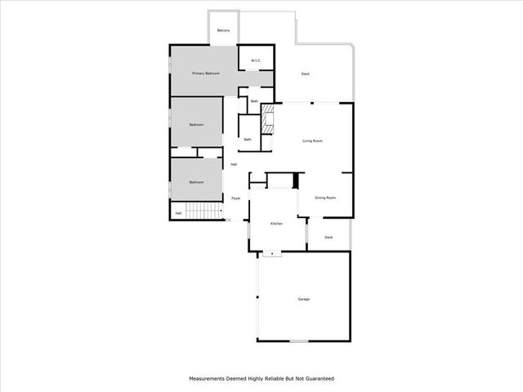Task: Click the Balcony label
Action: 223,31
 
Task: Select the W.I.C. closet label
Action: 255,60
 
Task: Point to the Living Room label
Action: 312,140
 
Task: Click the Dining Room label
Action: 326,198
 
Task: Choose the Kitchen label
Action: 276,223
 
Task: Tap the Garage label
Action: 303,299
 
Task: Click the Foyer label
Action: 235,198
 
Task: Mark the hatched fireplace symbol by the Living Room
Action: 266,121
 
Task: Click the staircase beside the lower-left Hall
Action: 204,213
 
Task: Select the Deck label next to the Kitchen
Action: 329,238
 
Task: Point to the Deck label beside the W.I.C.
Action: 305,74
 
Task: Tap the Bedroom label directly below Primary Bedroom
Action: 196,125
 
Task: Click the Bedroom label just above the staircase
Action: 196,182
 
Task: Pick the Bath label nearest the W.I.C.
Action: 254,101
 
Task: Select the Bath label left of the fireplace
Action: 248,139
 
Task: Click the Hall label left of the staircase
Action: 178,213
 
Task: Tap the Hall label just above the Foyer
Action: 234,165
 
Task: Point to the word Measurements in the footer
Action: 210,379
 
